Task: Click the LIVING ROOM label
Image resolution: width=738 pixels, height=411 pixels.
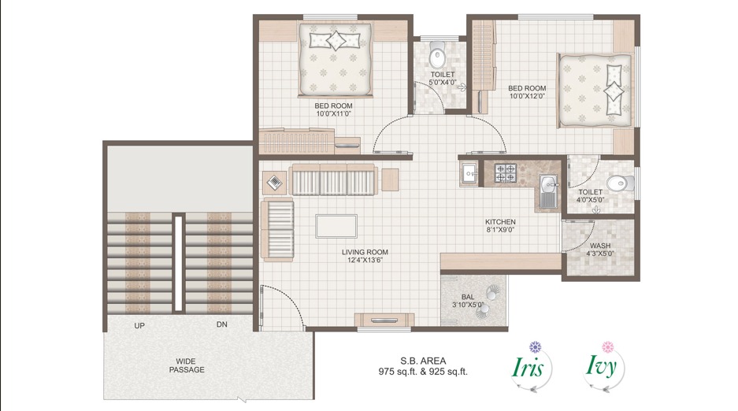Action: [365, 252]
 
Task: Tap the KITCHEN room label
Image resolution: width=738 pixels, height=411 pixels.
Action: [500, 222]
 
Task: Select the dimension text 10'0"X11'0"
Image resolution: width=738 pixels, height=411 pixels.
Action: [333, 113]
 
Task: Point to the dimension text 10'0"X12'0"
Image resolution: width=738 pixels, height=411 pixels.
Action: [527, 96]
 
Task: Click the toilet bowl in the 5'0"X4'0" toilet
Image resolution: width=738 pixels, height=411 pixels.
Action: [436, 57]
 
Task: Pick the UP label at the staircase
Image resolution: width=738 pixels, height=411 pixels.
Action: [139, 325]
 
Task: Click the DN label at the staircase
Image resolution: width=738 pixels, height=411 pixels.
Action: [222, 325]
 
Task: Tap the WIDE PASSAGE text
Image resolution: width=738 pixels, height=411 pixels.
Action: [187, 365]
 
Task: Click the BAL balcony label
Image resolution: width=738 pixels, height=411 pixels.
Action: [467, 296]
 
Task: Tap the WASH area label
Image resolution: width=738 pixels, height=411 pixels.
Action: [599, 245]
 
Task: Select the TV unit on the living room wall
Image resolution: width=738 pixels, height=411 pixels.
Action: [384, 319]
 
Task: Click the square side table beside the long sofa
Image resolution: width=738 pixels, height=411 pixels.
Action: [273, 182]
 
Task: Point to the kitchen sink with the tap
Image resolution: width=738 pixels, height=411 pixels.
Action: [548, 191]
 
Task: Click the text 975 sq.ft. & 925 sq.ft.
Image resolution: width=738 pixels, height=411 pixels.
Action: [423, 372]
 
